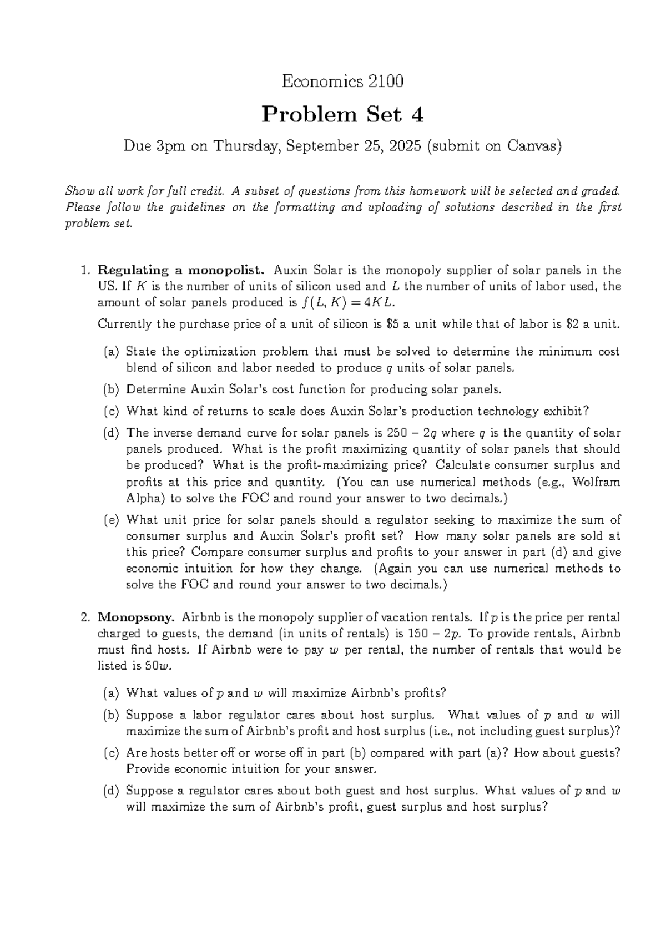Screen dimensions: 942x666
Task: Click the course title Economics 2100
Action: [342, 82]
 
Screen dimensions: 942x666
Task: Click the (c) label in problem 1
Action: [111, 411]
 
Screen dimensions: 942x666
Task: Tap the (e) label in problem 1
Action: [111, 520]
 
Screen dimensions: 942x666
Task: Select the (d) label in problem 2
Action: [111, 791]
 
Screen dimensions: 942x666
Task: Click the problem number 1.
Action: [85, 270]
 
